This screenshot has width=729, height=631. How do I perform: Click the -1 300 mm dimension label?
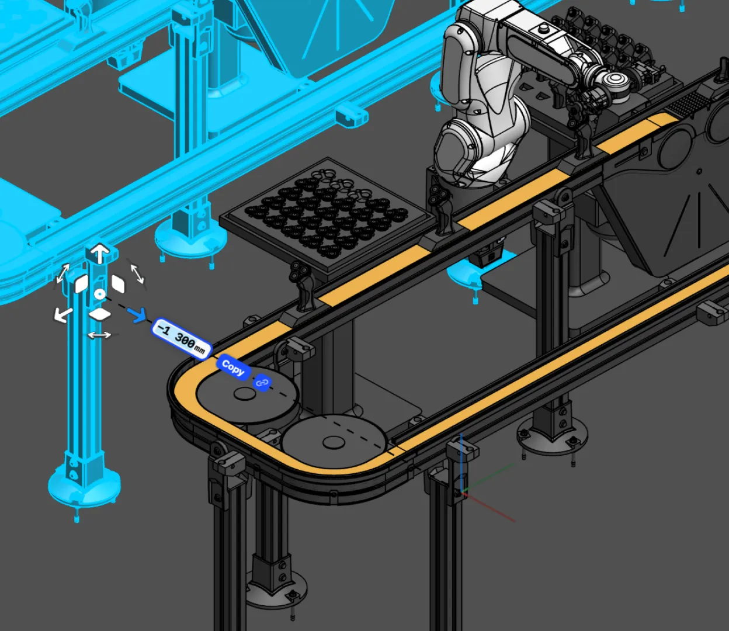[x=181, y=338]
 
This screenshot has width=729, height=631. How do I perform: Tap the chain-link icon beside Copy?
[x=262, y=383]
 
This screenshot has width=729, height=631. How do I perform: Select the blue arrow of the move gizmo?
[x=137, y=314]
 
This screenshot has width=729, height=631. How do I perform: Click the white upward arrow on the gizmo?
[x=100, y=253]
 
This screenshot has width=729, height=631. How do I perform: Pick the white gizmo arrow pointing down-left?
[x=63, y=314]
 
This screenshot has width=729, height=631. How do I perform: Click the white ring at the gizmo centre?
[x=100, y=294]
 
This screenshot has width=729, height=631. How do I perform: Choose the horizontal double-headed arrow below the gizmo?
[x=99, y=335]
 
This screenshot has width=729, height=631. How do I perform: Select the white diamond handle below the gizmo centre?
[x=100, y=314]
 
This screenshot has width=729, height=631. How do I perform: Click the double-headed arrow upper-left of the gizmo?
[x=63, y=273]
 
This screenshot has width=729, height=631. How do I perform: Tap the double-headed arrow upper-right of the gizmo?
[x=137, y=273]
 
